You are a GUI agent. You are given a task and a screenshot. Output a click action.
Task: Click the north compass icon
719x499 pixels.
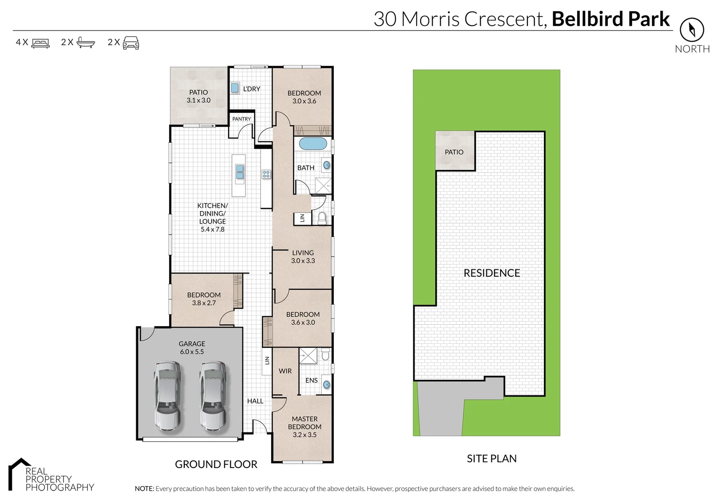click(x=692, y=30)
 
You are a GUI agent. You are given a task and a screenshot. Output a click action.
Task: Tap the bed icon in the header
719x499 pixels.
click(x=41, y=43)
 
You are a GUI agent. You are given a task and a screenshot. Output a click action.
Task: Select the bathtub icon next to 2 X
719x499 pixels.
click(x=85, y=43)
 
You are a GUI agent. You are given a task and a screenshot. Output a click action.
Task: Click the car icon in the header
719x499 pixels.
click(x=131, y=43)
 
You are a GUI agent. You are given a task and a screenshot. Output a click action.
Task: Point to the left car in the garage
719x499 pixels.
click(x=167, y=396)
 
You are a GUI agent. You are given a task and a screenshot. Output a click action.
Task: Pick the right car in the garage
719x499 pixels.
click(x=213, y=396)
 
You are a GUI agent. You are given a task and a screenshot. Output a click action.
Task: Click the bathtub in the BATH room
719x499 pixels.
click(x=313, y=144)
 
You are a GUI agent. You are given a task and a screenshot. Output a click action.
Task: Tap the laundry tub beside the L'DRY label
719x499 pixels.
click(x=235, y=88)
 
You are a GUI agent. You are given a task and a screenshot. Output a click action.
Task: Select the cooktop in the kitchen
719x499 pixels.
click(x=266, y=174)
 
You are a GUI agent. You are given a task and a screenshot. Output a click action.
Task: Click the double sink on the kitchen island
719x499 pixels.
click(x=240, y=172)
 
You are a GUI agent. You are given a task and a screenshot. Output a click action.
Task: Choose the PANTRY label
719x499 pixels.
click(x=242, y=119)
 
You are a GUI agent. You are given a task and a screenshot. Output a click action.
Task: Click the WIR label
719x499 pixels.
click(x=285, y=371)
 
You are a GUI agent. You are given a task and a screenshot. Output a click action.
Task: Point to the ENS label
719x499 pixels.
click(x=311, y=380)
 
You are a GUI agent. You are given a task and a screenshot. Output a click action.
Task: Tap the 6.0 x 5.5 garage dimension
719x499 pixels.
click(x=192, y=352)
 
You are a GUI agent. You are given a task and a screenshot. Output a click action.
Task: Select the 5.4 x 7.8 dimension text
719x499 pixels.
click(x=212, y=229)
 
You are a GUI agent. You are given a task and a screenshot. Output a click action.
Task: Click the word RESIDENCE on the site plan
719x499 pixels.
click(x=491, y=273)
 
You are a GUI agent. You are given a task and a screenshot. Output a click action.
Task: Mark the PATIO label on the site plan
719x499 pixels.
click(x=454, y=152)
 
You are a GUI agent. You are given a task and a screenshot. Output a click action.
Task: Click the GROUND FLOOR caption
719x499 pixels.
click(x=216, y=464)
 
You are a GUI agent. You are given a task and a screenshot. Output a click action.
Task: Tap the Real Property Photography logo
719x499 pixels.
click(x=51, y=476)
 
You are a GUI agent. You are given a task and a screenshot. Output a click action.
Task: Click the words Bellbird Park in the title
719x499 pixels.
click(x=610, y=19)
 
